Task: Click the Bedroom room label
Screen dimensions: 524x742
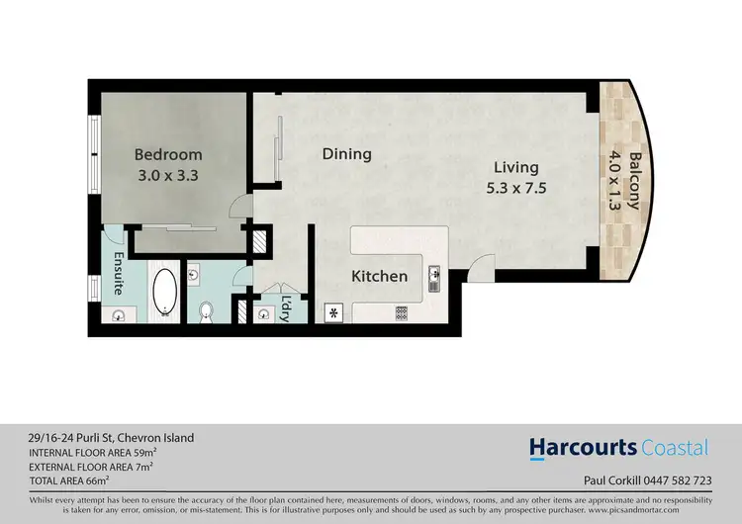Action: point(168,155)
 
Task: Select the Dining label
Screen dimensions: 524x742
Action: point(346,154)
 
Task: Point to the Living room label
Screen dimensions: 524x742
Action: point(516,167)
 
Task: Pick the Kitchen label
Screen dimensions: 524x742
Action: point(380,276)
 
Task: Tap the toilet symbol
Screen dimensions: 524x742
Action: point(206,311)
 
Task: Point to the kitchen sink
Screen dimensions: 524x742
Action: point(433,280)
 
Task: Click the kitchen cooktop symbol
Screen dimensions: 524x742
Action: point(402,312)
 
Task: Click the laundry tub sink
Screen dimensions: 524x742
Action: point(262,313)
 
